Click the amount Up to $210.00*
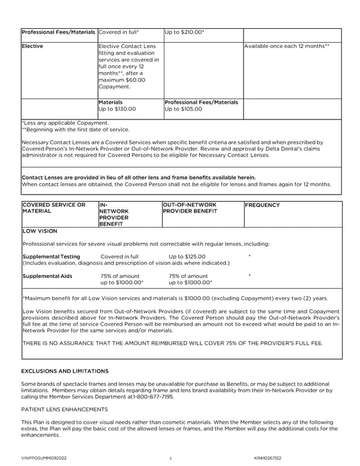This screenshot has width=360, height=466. click(184, 32)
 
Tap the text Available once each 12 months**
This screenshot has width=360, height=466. click(287, 46)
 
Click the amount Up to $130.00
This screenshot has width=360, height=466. click(117, 109)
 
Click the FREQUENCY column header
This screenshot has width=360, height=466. click(262, 205)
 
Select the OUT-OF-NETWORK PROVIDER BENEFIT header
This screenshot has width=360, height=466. click(190, 208)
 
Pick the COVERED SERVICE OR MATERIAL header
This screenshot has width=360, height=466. click(53, 208)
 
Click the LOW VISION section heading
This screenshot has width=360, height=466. click(40, 231)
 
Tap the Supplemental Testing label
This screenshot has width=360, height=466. click(51, 256)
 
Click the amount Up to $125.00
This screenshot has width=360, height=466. click(187, 256)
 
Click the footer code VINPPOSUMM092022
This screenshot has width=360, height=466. click(44, 458)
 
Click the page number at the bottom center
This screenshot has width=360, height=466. click(170, 458)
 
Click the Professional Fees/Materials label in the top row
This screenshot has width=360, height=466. click(58, 32)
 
